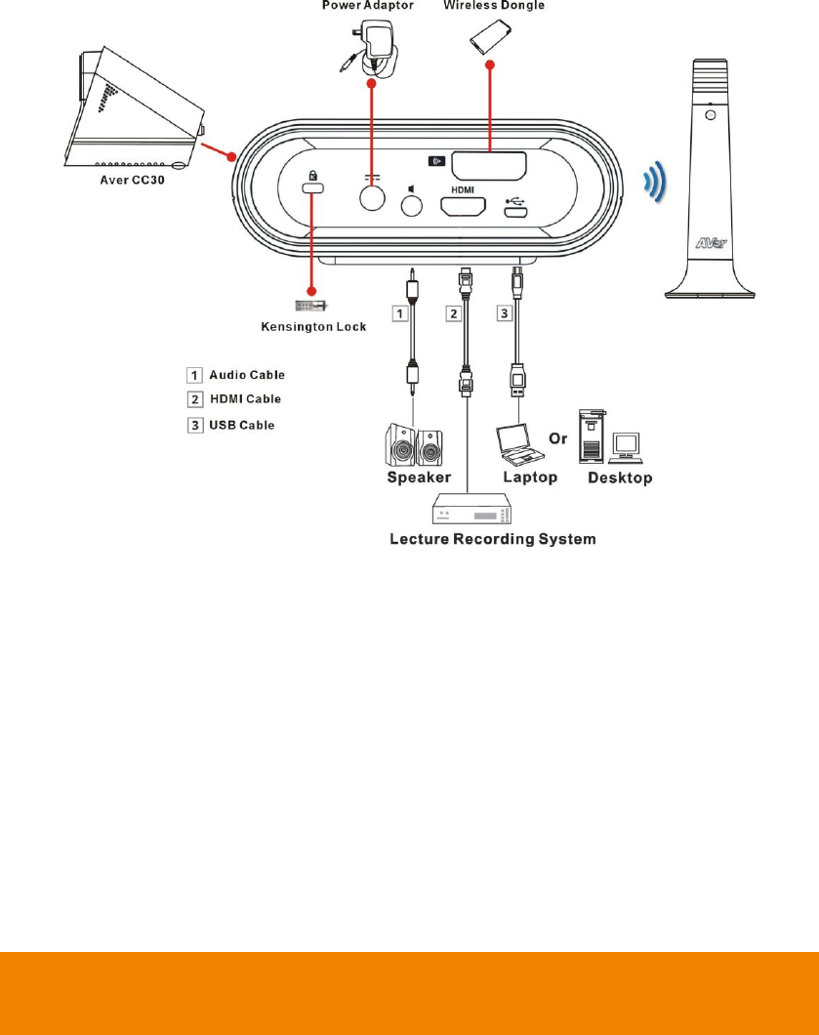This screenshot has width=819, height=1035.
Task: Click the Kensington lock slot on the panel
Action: [313, 187]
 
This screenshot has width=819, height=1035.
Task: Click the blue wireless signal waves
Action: [655, 183]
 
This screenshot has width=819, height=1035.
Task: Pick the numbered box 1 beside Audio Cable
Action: [196, 374]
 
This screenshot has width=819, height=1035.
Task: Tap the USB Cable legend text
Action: [243, 425]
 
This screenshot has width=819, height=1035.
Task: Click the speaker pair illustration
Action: [416, 444]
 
